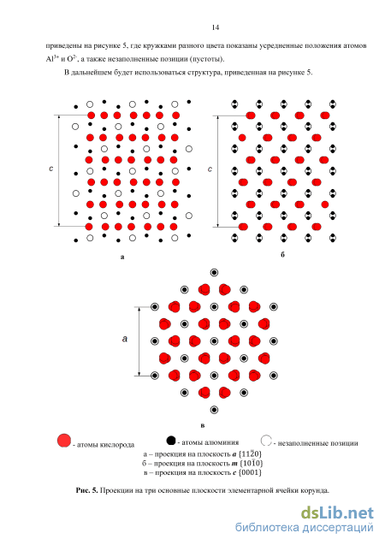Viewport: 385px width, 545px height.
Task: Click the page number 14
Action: click(215, 27)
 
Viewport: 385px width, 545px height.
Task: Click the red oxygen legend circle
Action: click(64, 441)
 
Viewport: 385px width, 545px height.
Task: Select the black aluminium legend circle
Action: click(171, 441)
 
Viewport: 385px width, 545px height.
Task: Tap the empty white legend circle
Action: click(266, 441)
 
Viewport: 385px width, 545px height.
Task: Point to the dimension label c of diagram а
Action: click(51, 169)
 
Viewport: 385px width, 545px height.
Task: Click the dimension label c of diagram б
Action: click(210, 169)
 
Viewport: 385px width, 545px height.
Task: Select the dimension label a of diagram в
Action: click(125, 339)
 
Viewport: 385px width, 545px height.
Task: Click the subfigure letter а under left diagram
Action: click(122, 258)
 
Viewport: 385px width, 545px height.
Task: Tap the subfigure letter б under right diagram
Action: click(282, 255)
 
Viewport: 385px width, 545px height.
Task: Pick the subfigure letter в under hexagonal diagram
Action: click(203, 425)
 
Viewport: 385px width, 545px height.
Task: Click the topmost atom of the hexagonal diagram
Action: click(215, 272)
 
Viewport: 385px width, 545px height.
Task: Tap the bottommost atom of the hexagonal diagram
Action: click(215, 410)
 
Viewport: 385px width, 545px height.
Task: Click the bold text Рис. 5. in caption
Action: click(87, 490)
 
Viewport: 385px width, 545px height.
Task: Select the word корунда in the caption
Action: click(315, 490)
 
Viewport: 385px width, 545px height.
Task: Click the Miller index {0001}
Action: click(250, 472)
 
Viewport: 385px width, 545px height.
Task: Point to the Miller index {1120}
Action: click(250, 454)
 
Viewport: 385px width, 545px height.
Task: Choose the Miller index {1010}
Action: click(252, 464)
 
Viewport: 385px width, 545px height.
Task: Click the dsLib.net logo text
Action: click(337, 513)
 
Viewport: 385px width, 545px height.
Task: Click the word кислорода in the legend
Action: click(117, 445)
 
